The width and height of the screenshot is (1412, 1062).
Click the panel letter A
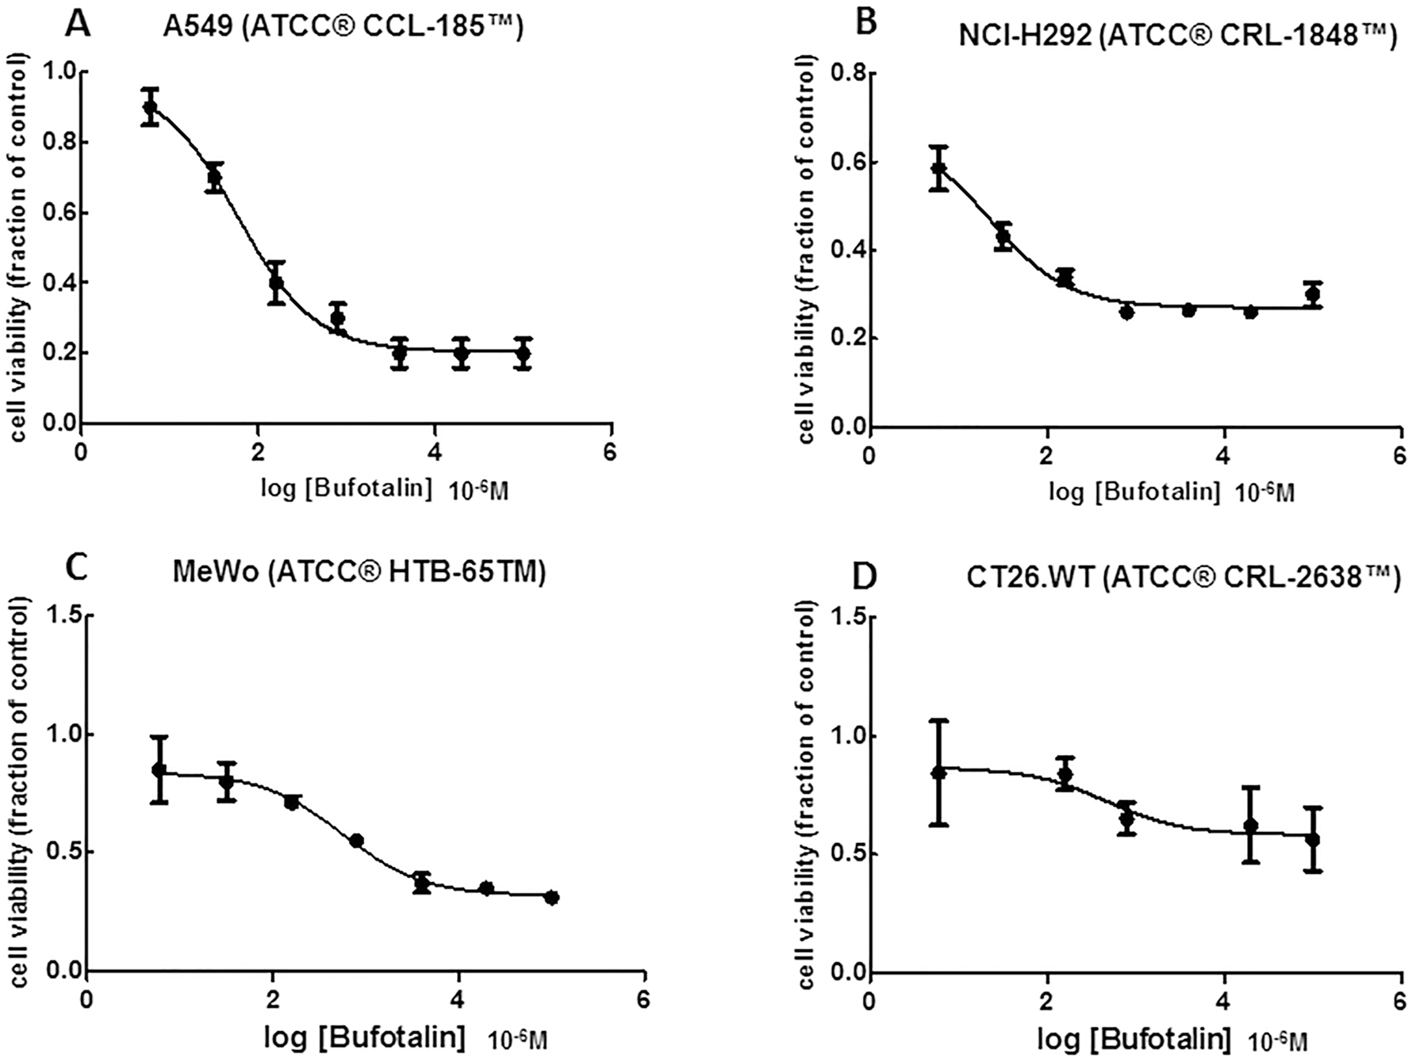click(78, 24)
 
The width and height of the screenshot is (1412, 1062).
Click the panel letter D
click(865, 577)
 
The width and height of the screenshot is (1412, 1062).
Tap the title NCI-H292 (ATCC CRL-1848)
click(1177, 35)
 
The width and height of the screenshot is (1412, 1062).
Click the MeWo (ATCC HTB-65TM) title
click(359, 573)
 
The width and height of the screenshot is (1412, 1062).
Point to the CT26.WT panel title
click(1182, 578)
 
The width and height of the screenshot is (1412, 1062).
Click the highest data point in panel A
click(150, 107)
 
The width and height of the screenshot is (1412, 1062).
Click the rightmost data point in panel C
click(552, 898)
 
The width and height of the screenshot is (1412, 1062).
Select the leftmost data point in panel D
click(939, 772)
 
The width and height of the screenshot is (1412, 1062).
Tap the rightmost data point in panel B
click(1312, 294)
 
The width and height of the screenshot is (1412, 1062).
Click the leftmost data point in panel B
click(939, 168)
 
